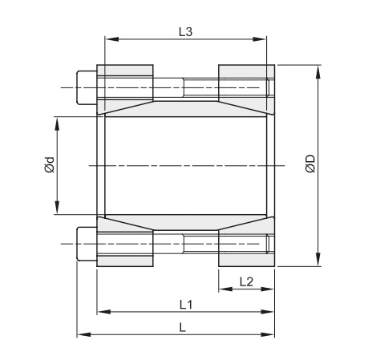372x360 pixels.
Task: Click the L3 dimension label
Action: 185,30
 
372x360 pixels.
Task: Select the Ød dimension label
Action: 49,166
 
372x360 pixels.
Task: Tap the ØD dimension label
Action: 309,166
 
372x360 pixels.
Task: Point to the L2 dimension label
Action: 246,281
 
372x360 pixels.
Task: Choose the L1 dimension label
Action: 185,305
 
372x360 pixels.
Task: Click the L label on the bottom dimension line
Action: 184,327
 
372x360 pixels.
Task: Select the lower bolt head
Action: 84,246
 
